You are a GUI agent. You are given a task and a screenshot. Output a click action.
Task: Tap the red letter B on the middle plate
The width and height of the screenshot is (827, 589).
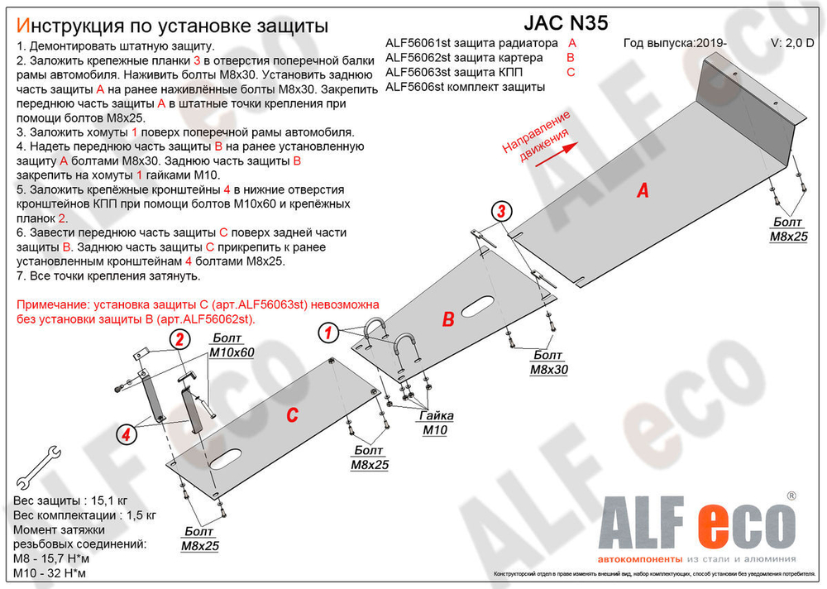click(448, 319)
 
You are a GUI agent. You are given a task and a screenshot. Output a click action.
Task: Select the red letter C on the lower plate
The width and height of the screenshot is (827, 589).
click(292, 415)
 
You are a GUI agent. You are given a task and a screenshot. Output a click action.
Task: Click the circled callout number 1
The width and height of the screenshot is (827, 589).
click(327, 333)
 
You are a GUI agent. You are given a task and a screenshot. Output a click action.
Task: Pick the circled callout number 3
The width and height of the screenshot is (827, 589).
click(501, 211)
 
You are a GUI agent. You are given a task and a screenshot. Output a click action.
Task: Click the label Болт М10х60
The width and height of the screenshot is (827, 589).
click(231, 346)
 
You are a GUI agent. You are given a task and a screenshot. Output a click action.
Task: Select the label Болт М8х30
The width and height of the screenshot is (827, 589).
click(548, 364)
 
